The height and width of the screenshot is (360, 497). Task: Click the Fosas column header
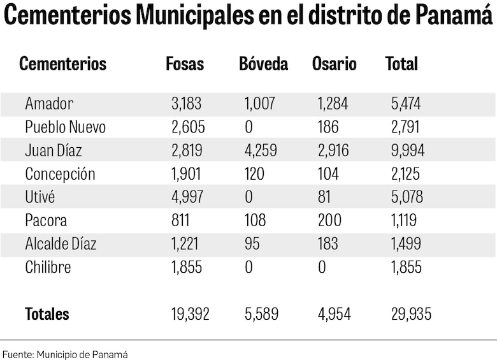[185, 64]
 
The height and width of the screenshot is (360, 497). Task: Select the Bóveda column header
[264, 64]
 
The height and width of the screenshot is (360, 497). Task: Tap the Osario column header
[335, 64]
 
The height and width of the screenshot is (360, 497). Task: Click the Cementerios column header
[62, 64]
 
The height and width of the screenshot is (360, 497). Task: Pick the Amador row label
[49, 104]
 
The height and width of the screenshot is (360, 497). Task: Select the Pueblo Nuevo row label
[65, 127]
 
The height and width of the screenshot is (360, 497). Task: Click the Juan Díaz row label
[54, 151]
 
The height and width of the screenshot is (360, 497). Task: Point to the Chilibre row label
[48, 268]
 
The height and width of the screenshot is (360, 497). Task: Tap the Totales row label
[47, 314]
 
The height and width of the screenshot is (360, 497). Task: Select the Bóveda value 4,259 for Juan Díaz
[261, 151]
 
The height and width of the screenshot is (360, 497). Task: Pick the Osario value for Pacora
[329, 221]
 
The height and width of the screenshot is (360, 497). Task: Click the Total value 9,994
[408, 151]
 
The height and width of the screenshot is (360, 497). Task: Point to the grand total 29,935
[411, 314]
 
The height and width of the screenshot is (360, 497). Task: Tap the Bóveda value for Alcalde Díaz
[253, 244]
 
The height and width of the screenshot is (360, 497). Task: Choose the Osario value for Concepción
[329, 174]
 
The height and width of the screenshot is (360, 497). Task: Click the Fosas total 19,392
[190, 314]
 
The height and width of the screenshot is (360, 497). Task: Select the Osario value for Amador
[333, 104]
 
